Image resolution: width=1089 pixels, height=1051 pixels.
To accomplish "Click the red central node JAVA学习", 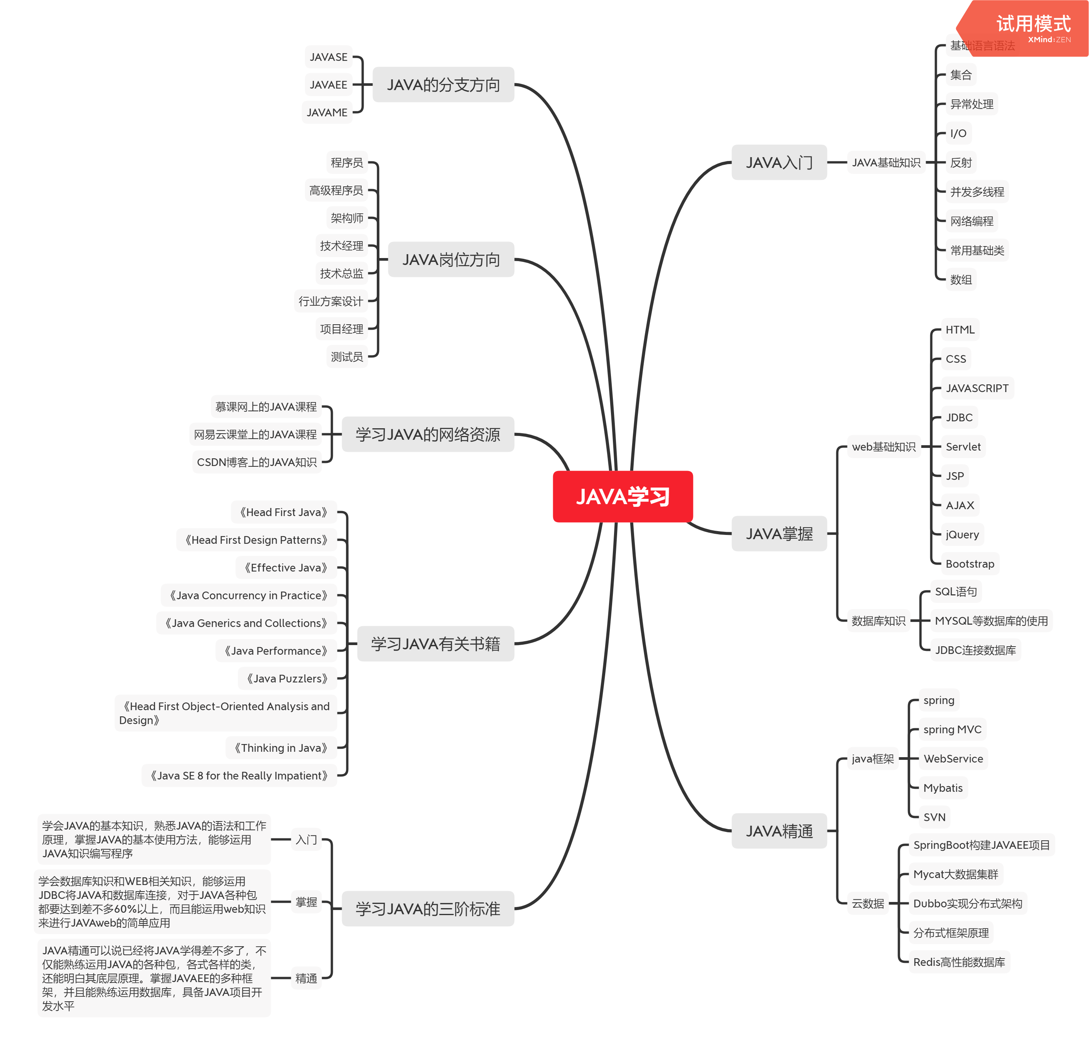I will click(622, 496).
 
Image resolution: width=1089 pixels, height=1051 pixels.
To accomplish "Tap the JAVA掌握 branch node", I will click(779, 533).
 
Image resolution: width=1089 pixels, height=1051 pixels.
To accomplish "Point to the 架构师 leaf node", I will click(347, 218).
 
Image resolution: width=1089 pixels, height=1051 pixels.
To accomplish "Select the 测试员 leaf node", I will click(347, 357).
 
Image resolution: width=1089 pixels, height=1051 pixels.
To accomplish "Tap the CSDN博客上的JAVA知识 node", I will click(257, 462).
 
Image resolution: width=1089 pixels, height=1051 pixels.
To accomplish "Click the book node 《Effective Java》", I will click(286, 567).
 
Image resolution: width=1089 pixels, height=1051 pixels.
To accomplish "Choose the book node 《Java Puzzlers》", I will click(287, 678).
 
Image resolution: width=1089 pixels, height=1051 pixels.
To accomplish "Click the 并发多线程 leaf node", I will click(977, 192).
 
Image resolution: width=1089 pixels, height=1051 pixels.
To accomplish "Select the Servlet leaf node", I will click(963, 447).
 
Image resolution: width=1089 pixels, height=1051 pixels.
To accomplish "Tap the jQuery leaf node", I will click(962, 535).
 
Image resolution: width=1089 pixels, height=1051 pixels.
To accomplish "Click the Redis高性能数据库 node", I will click(959, 962).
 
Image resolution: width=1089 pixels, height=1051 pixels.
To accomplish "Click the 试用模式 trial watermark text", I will click(1034, 23).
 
